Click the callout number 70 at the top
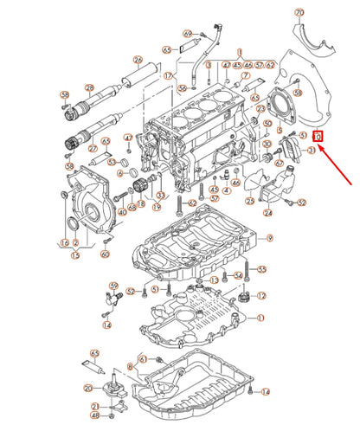(x=299, y=13)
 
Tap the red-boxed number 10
(x=318, y=137)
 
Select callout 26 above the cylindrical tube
(x=138, y=60)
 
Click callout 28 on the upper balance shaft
(x=88, y=87)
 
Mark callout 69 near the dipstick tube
(x=187, y=34)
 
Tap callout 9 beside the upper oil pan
(x=269, y=238)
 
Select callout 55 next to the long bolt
(x=262, y=269)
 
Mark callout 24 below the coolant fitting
(x=267, y=212)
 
